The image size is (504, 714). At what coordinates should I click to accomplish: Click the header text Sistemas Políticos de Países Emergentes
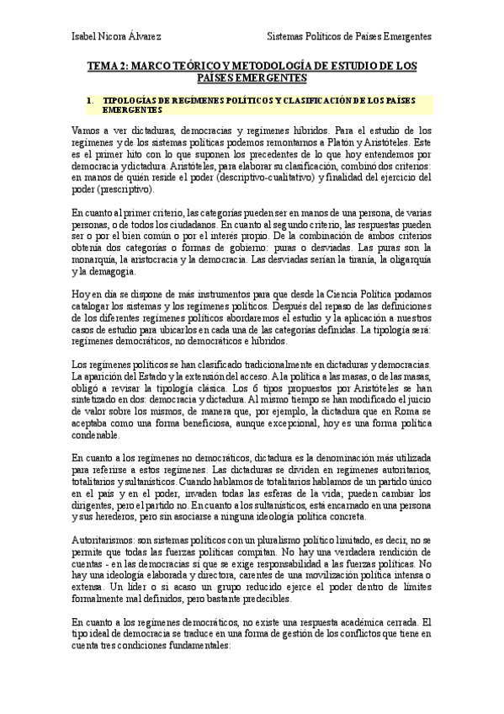349,37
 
